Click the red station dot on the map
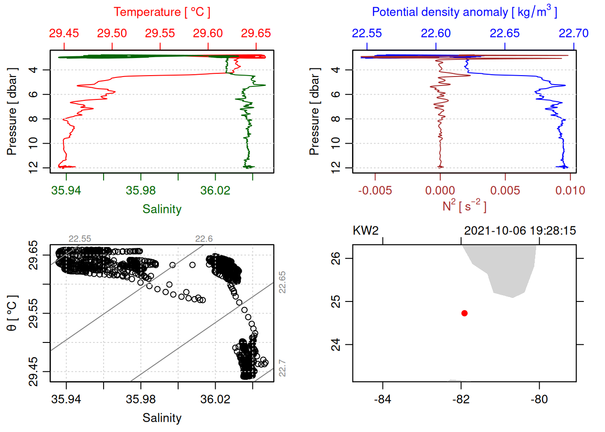[465, 313]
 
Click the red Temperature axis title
[162, 12]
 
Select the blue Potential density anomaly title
[464, 12]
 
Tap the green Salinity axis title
[162, 209]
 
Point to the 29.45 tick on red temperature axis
[64, 46]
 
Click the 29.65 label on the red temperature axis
[256, 33]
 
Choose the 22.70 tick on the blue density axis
[573, 46]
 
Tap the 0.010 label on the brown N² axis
[570, 190]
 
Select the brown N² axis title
[464, 206]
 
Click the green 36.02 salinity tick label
[215, 190]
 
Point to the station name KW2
[366, 231]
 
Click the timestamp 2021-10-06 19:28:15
[520, 231]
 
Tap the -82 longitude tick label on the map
[461, 399]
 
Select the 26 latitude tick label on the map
[336, 258]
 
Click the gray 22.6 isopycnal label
[204, 239]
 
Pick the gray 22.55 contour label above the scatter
[80, 239]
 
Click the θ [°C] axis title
[12, 313]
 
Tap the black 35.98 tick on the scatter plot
[141, 385]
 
